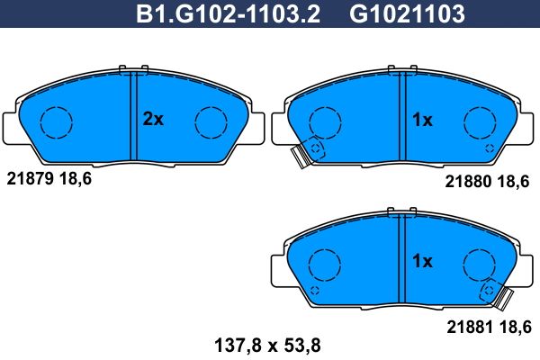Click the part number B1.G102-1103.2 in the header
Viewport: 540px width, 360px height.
pos(228,13)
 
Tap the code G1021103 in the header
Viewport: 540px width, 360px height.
pos(407,13)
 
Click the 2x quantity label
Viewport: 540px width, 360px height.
pos(153,119)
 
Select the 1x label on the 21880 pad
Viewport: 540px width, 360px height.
pos(422,120)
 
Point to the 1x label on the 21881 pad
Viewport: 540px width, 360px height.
pos(422,262)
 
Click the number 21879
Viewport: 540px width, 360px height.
pos(30,179)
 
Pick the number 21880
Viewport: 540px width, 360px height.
pos(468,181)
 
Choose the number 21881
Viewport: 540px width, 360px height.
pos(470,327)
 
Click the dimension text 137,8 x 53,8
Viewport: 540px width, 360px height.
pos(267,346)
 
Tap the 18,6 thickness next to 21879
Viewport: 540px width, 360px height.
pos(76,179)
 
